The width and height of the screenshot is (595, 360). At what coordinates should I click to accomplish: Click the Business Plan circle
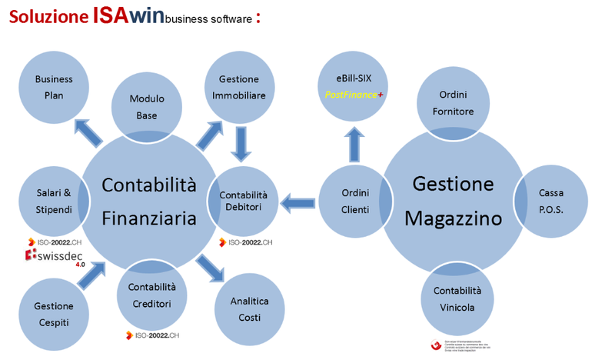pos(54,87)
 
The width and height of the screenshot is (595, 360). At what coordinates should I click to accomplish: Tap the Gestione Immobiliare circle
pos(238,87)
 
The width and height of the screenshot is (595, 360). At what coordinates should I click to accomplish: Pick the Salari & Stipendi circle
pos(54,202)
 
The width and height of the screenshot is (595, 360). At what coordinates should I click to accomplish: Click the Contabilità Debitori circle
pos(243,202)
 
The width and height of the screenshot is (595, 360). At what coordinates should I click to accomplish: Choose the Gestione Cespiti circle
pos(54,314)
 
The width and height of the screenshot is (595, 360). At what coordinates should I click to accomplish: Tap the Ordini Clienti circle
pos(354,202)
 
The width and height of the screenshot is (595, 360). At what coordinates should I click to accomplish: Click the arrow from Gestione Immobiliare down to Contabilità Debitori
pos(241,142)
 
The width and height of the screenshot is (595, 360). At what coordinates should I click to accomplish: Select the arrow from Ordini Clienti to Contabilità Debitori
pos(297,203)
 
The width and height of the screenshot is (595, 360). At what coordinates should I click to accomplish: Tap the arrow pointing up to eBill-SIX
pos(354,143)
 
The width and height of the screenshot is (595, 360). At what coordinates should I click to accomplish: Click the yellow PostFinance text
pos(350,94)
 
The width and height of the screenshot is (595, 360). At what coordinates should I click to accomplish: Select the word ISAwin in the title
pos(128,16)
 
